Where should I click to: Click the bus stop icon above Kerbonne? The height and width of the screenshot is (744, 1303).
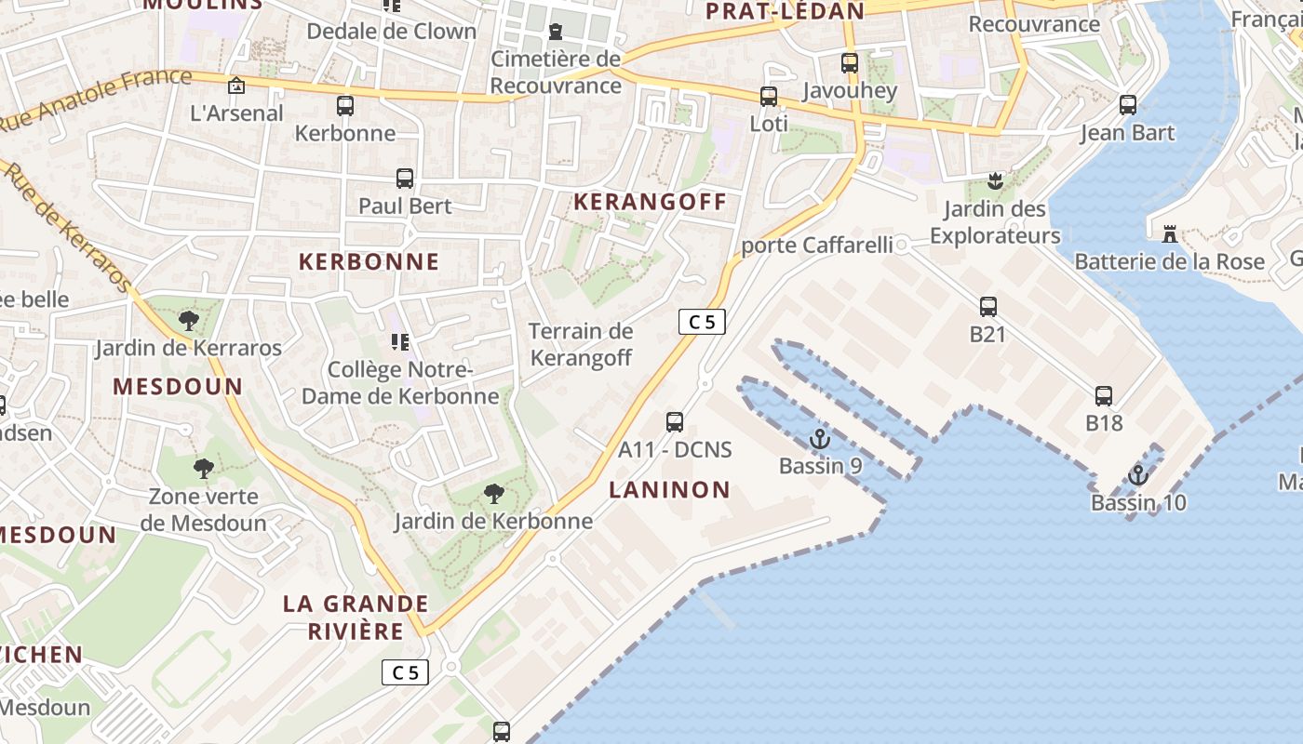point(345,106)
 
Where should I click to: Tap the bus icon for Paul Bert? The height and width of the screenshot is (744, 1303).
point(405,179)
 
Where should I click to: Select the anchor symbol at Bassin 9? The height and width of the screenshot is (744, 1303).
point(820,439)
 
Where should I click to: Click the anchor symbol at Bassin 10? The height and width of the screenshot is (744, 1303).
point(1137,475)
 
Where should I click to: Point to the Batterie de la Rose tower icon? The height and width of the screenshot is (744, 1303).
point(1170,233)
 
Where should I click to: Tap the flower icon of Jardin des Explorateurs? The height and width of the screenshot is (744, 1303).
point(996,180)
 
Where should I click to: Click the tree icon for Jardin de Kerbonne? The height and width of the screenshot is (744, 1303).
point(494,494)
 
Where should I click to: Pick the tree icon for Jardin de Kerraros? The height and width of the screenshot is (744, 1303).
point(189,322)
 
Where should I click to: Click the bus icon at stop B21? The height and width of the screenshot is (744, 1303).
point(988,306)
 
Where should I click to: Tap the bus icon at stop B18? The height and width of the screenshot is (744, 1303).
point(1104,396)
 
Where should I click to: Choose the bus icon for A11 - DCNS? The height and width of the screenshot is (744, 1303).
point(675,422)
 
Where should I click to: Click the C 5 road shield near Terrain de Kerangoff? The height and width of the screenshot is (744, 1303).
point(702,322)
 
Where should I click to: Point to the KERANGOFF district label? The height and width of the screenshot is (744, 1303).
point(650,202)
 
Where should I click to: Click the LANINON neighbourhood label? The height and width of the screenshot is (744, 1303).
point(670,490)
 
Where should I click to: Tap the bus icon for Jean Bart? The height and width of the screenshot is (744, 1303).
point(1128,105)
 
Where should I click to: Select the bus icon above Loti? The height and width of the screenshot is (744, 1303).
point(769,97)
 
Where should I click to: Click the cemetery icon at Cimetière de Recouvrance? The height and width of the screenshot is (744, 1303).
point(556,32)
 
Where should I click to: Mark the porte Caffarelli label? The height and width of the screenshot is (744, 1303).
point(816,246)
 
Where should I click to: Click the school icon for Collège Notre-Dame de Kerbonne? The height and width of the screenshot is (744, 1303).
point(400,342)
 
